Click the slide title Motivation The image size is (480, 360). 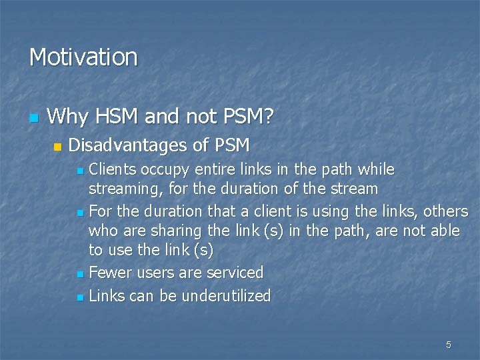(83, 57)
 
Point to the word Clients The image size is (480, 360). (111, 169)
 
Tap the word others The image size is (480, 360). (447, 211)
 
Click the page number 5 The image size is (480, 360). (448, 345)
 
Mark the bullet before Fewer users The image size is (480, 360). (80, 274)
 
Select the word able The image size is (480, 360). (445, 231)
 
